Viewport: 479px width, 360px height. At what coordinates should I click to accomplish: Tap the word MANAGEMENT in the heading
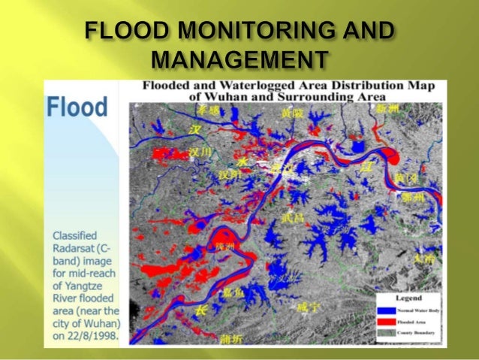[239, 59]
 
